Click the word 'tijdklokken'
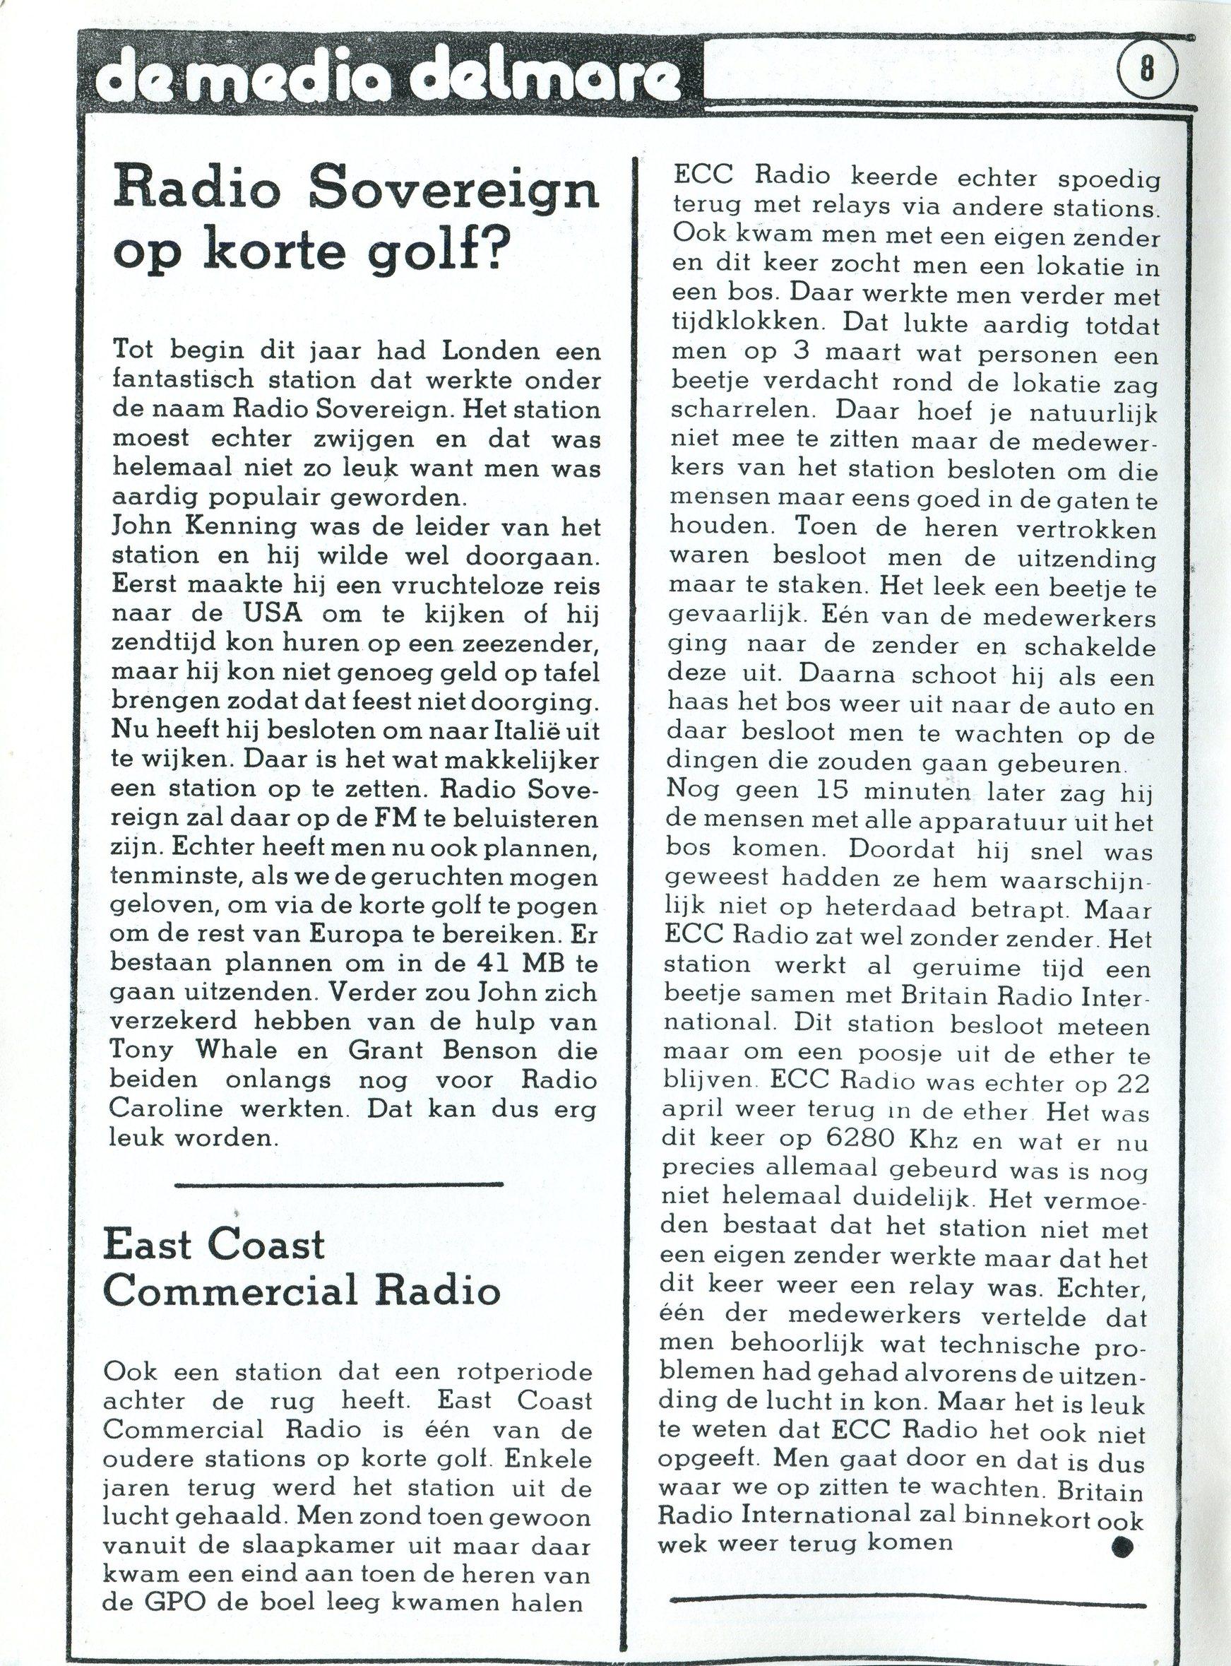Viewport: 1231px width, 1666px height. (x=742, y=325)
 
